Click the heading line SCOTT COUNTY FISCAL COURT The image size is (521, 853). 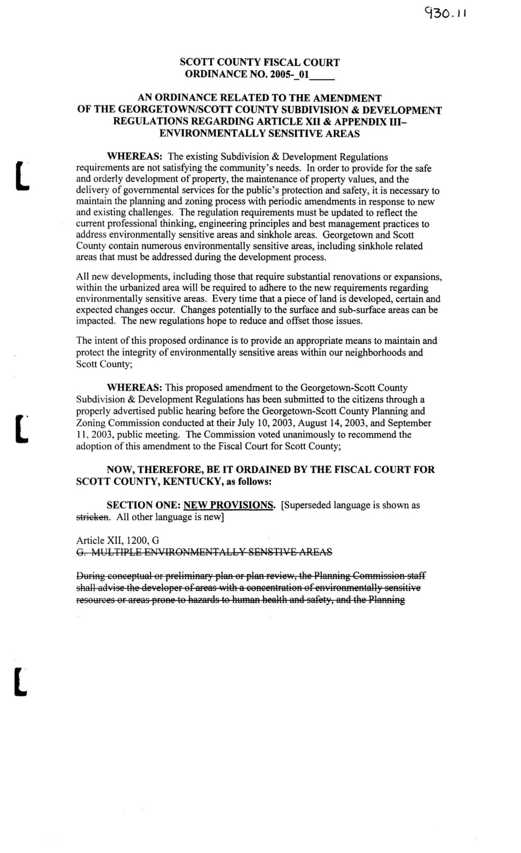coord(259,63)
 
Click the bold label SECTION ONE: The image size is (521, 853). coord(143,505)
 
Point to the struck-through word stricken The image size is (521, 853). coord(93,517)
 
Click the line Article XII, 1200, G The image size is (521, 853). coord(118,540)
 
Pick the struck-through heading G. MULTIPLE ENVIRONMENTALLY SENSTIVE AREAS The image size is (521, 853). coord(204,552)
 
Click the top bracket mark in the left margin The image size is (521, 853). coord(21,175)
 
